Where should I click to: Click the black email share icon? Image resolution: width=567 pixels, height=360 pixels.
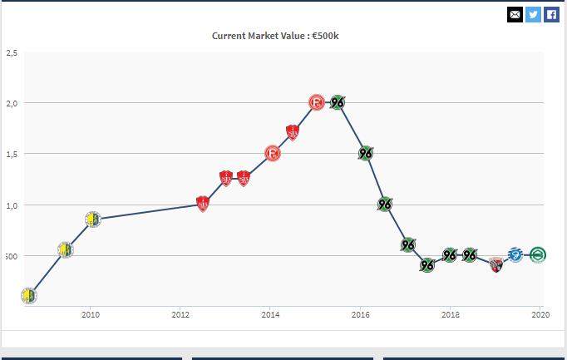click(515, 14)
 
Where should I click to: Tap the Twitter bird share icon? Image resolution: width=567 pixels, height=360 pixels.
click(533, 14)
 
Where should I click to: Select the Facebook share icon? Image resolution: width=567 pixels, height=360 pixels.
click(551, 14)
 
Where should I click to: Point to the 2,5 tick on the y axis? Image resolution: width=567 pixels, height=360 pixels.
click(12, 52)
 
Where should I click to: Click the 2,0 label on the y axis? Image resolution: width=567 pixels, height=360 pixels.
click(12, 103)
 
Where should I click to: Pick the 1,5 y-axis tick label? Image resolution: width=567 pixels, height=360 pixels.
click(12, 154)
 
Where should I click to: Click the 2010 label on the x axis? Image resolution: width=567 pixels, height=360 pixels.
click(91, 314)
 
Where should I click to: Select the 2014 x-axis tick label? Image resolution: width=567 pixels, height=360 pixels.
click(270, 314)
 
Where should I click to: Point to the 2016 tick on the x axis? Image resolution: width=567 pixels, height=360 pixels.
click(361, 314)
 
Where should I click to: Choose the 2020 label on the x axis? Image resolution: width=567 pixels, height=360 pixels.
click(540, 314)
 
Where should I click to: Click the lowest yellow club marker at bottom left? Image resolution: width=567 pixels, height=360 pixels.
click(29, 295)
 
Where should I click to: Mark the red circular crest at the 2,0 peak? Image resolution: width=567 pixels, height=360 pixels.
click(317, 102)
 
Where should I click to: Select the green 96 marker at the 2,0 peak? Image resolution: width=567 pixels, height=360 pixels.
click(338, 102)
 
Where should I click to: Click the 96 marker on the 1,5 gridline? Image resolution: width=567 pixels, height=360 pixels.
click(366, 153)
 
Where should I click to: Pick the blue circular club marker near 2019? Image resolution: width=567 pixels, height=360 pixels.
click(515, 254)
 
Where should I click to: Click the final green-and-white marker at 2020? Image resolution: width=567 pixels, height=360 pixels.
click(538, 254)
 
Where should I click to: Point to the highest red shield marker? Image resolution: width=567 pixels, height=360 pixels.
click(293, 132)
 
